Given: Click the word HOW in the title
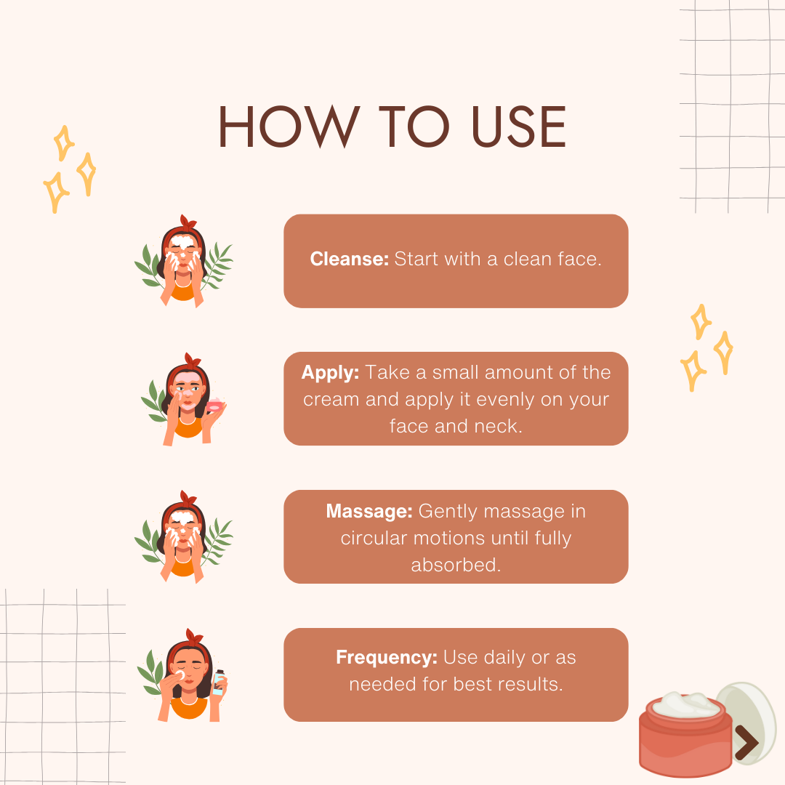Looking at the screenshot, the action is (289, 126).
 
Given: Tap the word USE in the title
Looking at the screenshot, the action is (519, 126).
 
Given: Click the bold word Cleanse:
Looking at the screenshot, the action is (350, 259).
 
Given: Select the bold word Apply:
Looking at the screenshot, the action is (331, 373).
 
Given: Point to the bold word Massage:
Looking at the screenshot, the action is (369, 511).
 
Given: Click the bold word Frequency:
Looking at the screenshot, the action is (387, 657).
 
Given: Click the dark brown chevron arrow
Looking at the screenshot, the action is (747, 742).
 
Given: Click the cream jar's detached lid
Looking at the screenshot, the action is (746, 721).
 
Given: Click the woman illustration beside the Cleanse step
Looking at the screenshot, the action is (183, 262).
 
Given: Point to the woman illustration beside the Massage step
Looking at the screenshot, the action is (183, 537).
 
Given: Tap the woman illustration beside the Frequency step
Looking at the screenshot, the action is (183, 675).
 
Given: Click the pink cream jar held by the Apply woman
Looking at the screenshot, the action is (214, 405).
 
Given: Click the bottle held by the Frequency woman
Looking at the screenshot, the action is (219, 683).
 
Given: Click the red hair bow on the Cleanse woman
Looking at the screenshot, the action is (188, 223).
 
